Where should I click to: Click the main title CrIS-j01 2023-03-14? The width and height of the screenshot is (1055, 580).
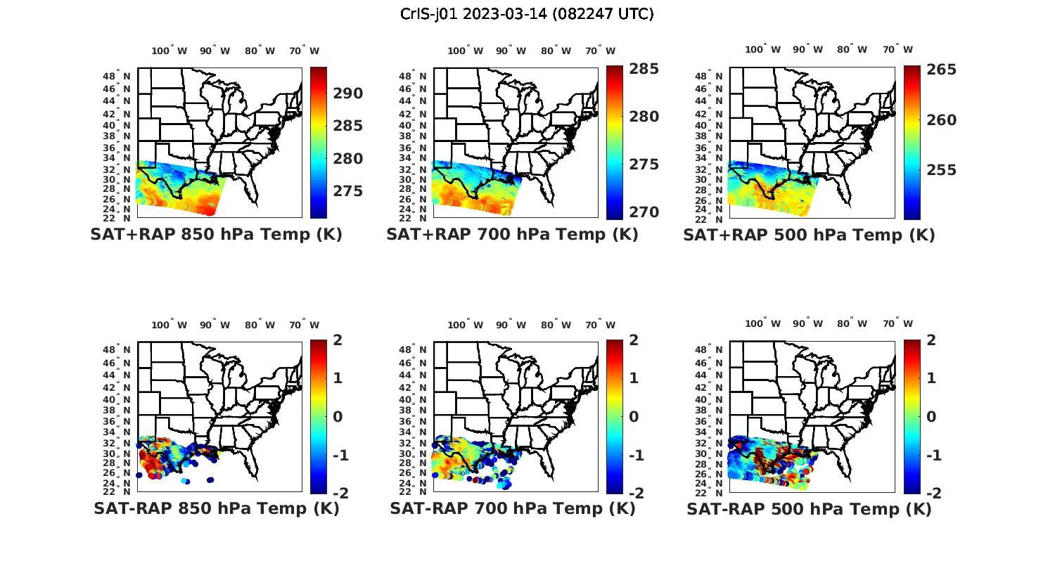point(527,13)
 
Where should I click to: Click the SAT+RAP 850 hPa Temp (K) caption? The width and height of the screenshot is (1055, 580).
point(216,235)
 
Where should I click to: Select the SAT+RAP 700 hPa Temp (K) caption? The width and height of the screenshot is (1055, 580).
point(512,235)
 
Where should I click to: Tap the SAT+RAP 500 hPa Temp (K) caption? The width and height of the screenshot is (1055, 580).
point(809,235)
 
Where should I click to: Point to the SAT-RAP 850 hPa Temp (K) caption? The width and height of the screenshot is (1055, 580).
point(216,508)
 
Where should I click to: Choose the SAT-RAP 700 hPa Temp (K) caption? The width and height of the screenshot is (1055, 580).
point(512,508)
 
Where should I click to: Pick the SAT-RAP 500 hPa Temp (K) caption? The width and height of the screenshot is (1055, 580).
point(809,508)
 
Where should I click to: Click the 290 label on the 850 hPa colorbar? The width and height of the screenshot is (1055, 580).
point(348,94)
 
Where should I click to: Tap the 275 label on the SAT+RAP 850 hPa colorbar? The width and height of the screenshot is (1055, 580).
point(348,191)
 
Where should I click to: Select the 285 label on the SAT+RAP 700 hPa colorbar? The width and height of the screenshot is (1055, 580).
point(644,69)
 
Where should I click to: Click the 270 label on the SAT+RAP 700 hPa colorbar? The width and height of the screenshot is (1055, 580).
point(644,212)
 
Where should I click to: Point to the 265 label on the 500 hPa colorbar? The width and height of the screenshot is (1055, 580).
point(941,70)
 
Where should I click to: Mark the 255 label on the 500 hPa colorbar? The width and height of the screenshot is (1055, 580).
point(941,170)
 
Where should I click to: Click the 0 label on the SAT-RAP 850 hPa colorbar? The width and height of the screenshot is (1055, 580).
point(337,417)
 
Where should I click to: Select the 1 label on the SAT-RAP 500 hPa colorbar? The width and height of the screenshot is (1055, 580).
point(931,378)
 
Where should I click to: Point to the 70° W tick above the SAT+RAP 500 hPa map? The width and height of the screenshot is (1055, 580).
point(897,49)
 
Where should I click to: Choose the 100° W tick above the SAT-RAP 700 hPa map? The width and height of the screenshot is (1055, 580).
point(465,325)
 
